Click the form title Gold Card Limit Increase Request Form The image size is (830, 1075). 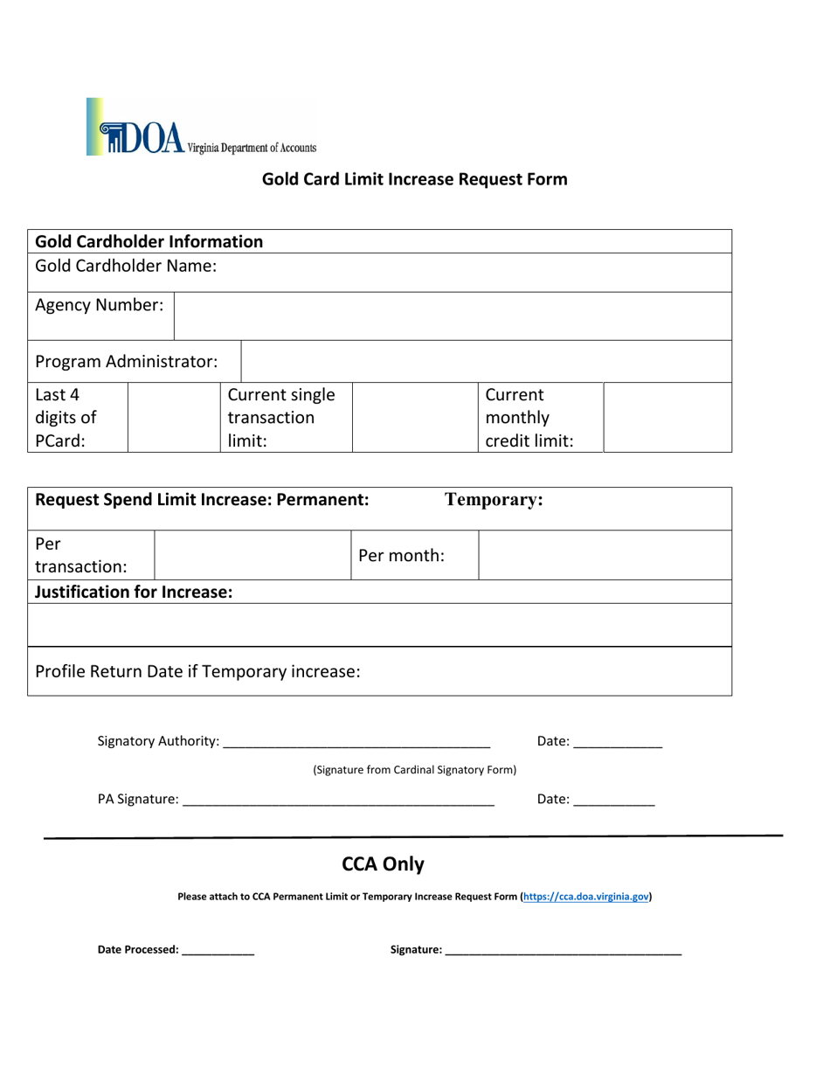tap(415, 180)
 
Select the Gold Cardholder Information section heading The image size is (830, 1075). tap(149, 241)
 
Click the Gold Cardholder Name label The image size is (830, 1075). tap(125, 266)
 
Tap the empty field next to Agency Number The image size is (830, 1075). tap(453, 316)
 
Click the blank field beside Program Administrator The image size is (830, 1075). tap(486, 361)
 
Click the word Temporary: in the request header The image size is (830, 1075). tap(495, 500)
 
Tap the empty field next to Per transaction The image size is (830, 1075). tap(252, 555)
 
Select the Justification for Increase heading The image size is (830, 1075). tap(134, 593)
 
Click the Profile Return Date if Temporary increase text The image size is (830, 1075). tap(197, 672)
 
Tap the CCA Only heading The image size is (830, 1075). tap(383, 865)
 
